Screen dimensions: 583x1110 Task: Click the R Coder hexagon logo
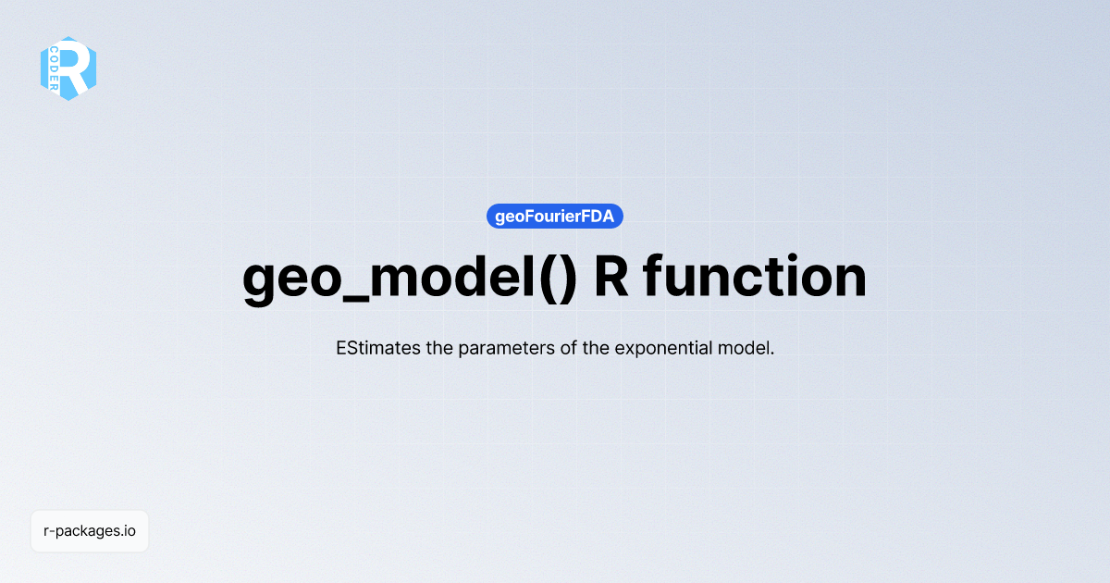coord(68,68)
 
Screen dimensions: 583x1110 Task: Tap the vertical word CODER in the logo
coord(55,68)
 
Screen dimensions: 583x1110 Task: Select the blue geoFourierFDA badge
coord(555,217)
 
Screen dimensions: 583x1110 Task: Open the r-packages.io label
coord(90,531)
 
